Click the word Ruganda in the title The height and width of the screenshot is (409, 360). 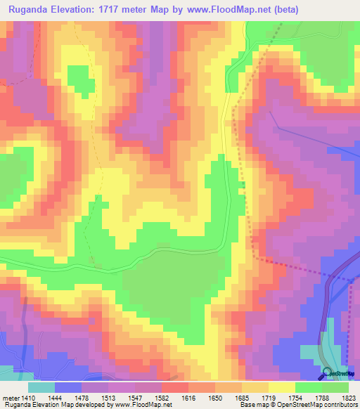pos(30,10)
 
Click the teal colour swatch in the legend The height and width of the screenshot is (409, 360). pos(41,387)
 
